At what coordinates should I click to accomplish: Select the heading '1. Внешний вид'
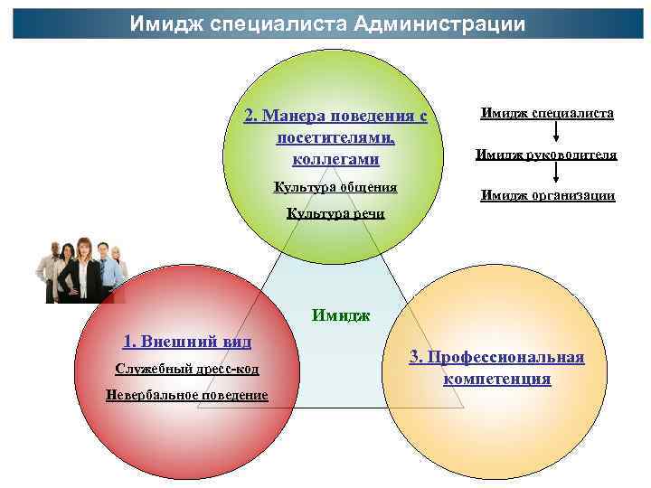click(x=186, y=341)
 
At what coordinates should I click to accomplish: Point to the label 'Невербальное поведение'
click(x=186, y=395)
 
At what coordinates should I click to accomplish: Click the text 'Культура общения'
click(x=335, y=187)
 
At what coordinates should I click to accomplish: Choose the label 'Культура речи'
click(x=335, y=213)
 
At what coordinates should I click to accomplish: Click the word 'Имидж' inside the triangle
click(x=341, y=315)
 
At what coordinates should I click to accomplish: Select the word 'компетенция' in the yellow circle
click(x=496, y=379)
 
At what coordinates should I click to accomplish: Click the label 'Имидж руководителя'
click(x=546, y=155)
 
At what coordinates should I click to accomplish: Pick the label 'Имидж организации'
click(x=547, y=194)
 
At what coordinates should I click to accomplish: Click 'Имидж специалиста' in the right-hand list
click(x=547, y=114)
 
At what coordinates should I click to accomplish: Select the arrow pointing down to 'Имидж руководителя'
click(x=554, y=134)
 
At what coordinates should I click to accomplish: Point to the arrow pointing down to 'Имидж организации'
click(x=554, y=174)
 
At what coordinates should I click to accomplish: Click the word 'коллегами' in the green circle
click(x=335, y=159)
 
